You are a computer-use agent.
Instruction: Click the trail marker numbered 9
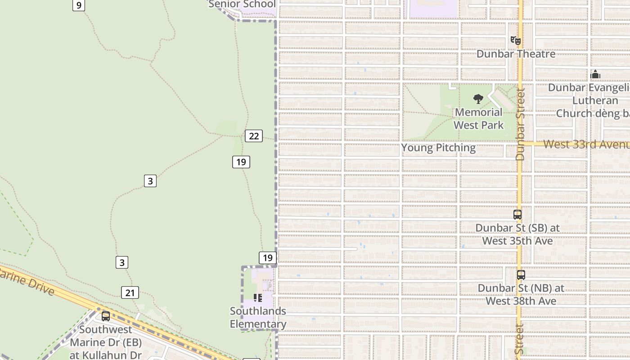(x=79, y=5)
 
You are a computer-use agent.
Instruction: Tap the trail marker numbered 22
(x=254, y=136)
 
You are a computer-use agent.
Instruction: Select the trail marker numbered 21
(x=130, y=293)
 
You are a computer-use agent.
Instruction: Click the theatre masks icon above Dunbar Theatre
(x=516, y=40)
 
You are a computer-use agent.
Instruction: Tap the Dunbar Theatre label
(x=516, y=54)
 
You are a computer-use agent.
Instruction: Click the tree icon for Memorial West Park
(x=478, y=99)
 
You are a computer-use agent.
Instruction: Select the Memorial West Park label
(x=478, y=118)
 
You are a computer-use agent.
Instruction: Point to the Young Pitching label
(x=438, y=148)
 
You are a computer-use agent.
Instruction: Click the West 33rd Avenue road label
(x=585, y=144)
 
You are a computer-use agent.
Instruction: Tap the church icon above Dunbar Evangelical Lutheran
(x=595, y=74)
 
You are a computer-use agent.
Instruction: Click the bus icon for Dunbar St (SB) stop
(x=517, y=215)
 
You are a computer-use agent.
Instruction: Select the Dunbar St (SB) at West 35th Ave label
(x=517, y=234)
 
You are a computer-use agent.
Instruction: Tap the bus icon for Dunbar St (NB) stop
(x=521, y=274)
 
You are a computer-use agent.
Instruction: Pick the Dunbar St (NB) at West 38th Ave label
(x=521, y=294)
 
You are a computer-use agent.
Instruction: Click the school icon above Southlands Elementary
(x=258, y=297)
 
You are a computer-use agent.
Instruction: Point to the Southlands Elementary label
(x=258, y=317)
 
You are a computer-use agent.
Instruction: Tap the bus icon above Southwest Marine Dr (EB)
(x=106, y=316)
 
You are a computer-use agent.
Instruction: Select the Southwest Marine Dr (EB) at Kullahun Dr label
(x=106, y=342)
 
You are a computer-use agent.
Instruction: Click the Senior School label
(x=242, y=4)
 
